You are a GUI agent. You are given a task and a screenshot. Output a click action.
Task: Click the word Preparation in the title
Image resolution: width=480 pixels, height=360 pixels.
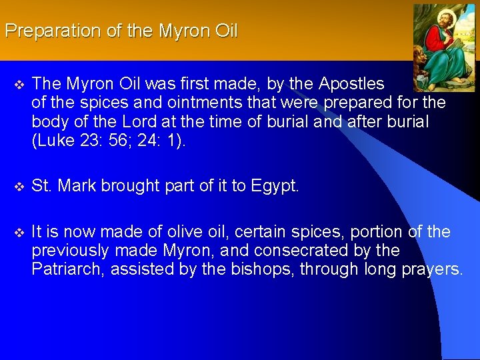[44, 31]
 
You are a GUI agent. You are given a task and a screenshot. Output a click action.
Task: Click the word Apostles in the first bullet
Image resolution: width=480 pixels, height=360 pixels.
[351, 83]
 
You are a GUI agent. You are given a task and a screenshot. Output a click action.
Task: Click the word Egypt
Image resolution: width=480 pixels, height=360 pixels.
[275, 186]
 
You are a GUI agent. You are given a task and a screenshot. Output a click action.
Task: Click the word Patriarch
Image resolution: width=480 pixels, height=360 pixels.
[67, 269]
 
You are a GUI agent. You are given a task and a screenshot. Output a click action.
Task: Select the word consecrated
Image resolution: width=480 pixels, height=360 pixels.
[299, 251]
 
